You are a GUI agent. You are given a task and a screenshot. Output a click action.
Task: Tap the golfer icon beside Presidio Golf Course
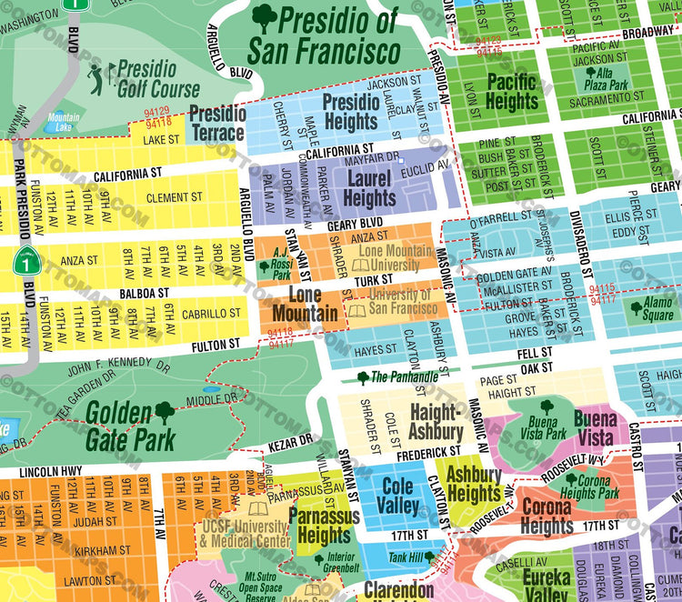click(97, 78)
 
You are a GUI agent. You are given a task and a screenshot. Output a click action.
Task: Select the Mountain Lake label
click(63, 121)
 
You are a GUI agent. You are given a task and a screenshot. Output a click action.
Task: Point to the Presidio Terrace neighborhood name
click(216, 124)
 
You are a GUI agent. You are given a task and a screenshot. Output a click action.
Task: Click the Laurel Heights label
click(369, 187)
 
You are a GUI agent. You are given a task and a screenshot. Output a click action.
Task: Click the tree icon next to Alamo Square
click(637, 308)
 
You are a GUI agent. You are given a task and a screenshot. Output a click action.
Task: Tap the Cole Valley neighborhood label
click(397, 496)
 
